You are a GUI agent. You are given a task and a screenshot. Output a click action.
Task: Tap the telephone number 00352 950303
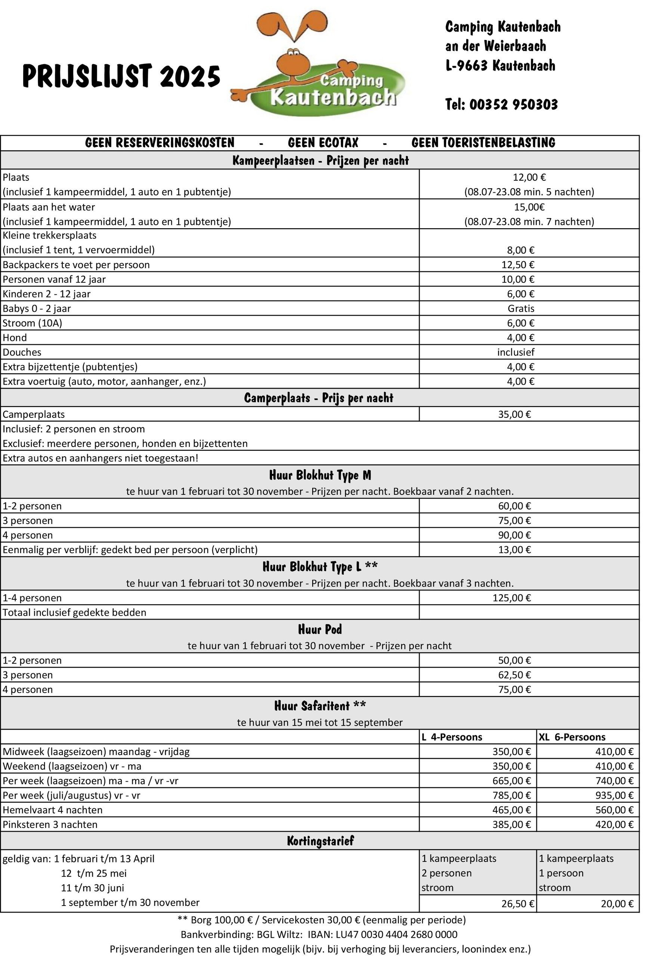[514, 105]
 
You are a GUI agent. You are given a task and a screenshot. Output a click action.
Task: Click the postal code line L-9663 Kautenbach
[500, 65]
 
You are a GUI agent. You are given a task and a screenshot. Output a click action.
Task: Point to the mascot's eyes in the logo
[293, 52]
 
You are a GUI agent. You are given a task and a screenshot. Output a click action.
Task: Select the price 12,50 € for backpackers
[518, 265]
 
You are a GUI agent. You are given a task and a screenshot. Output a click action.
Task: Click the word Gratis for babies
[521, 308]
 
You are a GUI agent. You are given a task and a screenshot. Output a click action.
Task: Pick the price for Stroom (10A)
[520, 323]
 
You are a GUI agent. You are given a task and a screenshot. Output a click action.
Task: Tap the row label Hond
[15, 338]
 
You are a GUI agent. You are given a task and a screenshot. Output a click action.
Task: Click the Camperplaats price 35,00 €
[515, 414]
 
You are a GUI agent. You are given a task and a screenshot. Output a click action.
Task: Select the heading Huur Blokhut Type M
[320, 475]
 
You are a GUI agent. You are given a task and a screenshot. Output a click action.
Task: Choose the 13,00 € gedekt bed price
[515, 549]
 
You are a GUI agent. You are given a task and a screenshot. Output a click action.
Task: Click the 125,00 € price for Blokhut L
[512, 598]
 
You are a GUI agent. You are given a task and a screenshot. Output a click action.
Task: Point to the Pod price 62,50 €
[515, 675]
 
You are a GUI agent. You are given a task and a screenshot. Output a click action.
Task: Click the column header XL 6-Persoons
[572, 737]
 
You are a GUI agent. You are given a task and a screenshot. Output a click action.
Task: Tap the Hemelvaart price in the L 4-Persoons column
[512, 810]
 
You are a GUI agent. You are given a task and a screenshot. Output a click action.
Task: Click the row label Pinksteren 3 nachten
[50, 825]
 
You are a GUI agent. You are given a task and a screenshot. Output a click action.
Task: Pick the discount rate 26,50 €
[518, 903]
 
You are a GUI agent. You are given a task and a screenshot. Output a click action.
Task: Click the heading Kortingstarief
[320, 841]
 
